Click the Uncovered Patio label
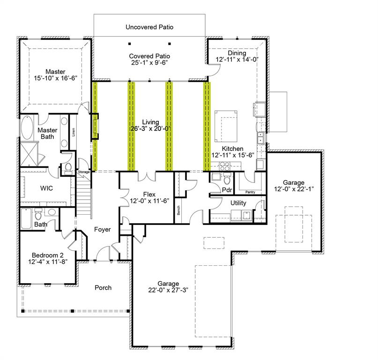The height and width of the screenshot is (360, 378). [149, 27]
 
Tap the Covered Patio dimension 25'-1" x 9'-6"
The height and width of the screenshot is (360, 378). [148, 62]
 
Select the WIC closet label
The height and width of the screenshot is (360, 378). [46, 188]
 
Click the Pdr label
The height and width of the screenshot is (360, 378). [227, 190]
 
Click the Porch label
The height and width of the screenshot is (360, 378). [103, 287]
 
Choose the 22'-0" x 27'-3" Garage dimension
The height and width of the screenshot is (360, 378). [168, 290]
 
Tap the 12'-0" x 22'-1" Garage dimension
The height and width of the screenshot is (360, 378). [294, 189]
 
